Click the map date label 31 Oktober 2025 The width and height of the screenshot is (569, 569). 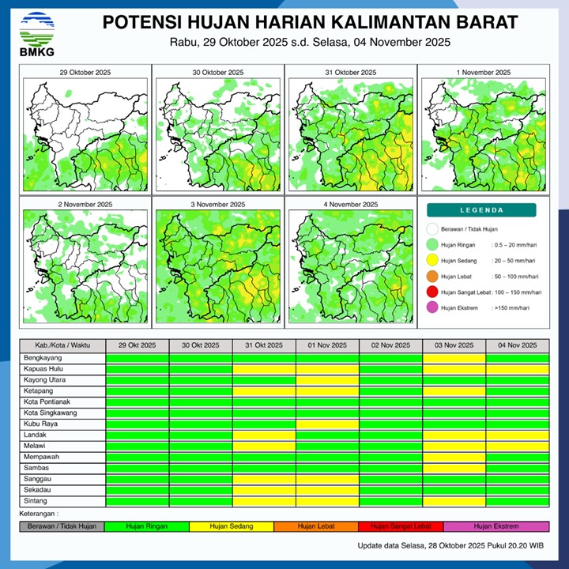(351, 72)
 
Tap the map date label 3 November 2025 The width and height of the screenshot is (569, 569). (218, 205)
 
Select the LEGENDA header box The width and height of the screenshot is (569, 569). (481, 210)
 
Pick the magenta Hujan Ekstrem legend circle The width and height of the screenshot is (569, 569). (431, 308)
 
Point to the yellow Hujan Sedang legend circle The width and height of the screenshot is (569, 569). (431, 261)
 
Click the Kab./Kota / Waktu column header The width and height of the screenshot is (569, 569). (62, 346)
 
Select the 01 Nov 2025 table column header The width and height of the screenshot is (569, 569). (327, 346)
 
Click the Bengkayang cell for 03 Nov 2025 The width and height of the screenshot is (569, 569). (454, 358)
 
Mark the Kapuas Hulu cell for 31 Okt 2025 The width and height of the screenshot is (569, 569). (264, 369)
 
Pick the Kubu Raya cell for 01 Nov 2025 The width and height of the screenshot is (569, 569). (327, 424)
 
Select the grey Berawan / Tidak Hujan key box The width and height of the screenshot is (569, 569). (62, 526)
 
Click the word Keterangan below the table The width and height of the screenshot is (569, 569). (40, 514)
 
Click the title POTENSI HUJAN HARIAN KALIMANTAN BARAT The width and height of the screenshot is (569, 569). (310, 21)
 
